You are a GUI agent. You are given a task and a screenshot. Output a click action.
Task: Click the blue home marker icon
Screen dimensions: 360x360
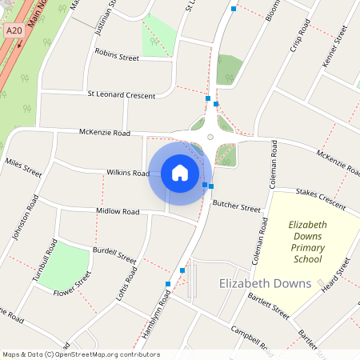(x=179, y=173)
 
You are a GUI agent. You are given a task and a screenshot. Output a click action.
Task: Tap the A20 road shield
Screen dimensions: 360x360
(x=12, y=30)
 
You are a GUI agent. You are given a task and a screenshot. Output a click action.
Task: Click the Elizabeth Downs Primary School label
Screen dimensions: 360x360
(x=306, y=242)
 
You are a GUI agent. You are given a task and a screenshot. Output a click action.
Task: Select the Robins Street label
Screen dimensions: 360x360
(x=117, y=55)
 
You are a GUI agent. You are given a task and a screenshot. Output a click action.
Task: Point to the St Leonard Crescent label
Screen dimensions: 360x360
(x=121, y=95)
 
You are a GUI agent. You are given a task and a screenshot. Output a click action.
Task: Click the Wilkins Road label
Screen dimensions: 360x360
(x=128, y=173)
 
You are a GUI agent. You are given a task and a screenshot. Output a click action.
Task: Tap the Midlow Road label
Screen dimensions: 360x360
(x=118, y=211)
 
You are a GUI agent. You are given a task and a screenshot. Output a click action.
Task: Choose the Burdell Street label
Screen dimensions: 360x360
(x=114, y=254)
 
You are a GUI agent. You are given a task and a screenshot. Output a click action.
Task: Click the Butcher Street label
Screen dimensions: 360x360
(x=236, y=206)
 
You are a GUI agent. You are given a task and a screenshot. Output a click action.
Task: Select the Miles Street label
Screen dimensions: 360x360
(x=23, y=168)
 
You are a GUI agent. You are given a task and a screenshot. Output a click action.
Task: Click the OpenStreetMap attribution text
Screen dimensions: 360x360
(x=81, y=354)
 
